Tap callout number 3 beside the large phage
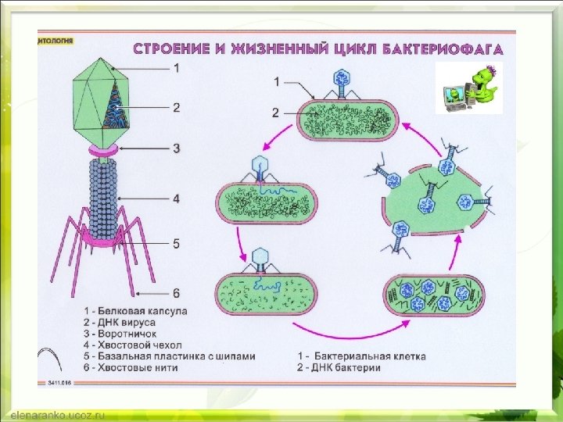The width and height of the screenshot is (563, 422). point(177,147)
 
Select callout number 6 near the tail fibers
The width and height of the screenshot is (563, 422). point(177,293)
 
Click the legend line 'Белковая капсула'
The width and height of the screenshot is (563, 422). point(136,310)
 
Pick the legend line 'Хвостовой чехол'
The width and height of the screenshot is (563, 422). point(133,344)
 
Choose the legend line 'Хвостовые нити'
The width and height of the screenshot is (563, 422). point(130,367)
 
